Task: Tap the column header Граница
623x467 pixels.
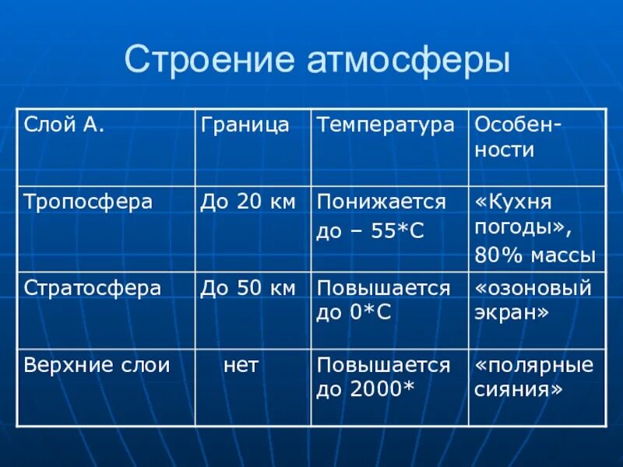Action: point(245,125)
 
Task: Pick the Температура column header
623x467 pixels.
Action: point(385,125)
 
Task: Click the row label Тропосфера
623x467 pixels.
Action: point(88,202)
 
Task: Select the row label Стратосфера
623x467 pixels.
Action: point(93,288)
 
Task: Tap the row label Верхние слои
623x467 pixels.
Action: point(97,365)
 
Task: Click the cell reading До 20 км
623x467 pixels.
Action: point(248,202)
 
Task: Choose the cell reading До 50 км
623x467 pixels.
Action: point(248,288)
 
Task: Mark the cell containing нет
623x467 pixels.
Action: point(241,365)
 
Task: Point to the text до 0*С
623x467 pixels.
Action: point(354,313)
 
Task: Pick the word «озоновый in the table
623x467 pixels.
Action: point(533,288)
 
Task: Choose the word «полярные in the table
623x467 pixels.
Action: point(533,365)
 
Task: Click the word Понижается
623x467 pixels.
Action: point(381,202)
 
